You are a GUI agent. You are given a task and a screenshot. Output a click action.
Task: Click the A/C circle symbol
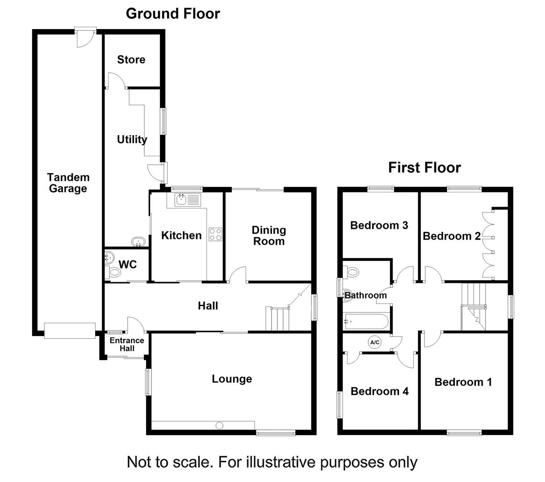(374, 342)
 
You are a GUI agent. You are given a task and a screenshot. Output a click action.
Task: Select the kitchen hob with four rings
(215, 234)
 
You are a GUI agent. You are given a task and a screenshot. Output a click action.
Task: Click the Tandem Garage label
(68, 183)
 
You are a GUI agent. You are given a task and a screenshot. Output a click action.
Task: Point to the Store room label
(131, 60)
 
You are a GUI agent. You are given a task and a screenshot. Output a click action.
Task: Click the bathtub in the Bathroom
(366, 321)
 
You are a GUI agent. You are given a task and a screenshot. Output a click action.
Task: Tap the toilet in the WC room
(115, 273)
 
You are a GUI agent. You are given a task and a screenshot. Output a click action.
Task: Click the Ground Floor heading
(173, 13)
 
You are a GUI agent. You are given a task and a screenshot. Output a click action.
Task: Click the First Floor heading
(424, 168)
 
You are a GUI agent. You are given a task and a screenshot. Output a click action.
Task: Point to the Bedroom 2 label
(451, 236)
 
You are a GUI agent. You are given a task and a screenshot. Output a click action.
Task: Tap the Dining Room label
(268, 236)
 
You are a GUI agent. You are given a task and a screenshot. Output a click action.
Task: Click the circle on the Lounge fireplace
(219, 425)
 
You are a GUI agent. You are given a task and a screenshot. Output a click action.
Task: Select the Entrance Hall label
(127, 344)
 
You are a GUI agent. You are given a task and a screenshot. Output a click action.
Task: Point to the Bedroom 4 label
(379, 391)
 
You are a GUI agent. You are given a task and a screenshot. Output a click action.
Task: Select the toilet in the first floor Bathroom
(353, 272)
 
